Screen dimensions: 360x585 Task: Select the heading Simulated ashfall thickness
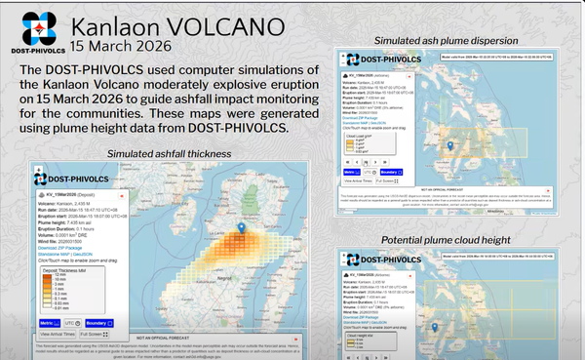[x=169, y=153]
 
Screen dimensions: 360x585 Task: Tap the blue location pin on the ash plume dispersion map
[x=450, y=146]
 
